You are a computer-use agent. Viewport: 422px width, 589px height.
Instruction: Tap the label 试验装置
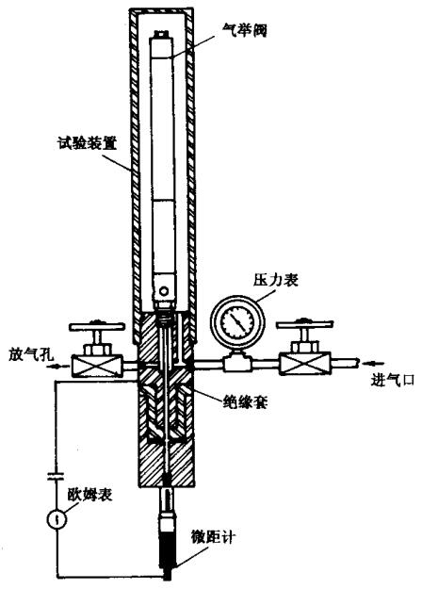point(87,143)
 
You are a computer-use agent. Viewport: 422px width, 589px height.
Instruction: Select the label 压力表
point(276,280)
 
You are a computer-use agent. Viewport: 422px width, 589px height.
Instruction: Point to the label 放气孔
point(31,354)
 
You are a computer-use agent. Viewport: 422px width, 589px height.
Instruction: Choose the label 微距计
point(213,537)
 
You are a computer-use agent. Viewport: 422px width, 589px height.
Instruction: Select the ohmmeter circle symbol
point(57,519)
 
